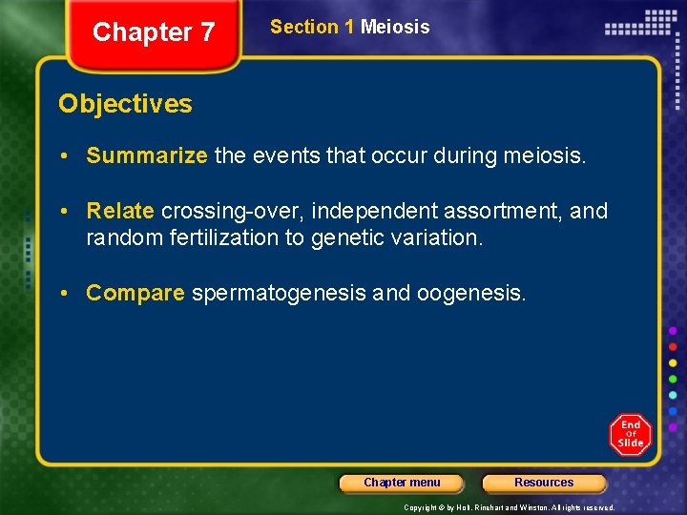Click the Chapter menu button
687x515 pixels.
[402, 483]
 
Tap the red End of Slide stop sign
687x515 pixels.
[631, 434]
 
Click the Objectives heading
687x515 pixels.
[125, 104]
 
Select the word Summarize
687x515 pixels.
[146, 156]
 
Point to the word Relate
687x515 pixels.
[120, 211]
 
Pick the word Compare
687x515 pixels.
[135, 293]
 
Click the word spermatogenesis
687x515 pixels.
[279, 293]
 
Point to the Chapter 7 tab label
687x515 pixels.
[154, 32]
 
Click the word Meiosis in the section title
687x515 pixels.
[395, 28]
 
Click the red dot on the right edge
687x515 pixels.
[673, 346]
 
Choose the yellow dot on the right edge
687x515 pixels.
[673, 363]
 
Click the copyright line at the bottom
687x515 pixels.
[509, 507]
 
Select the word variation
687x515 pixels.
[434, 237]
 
